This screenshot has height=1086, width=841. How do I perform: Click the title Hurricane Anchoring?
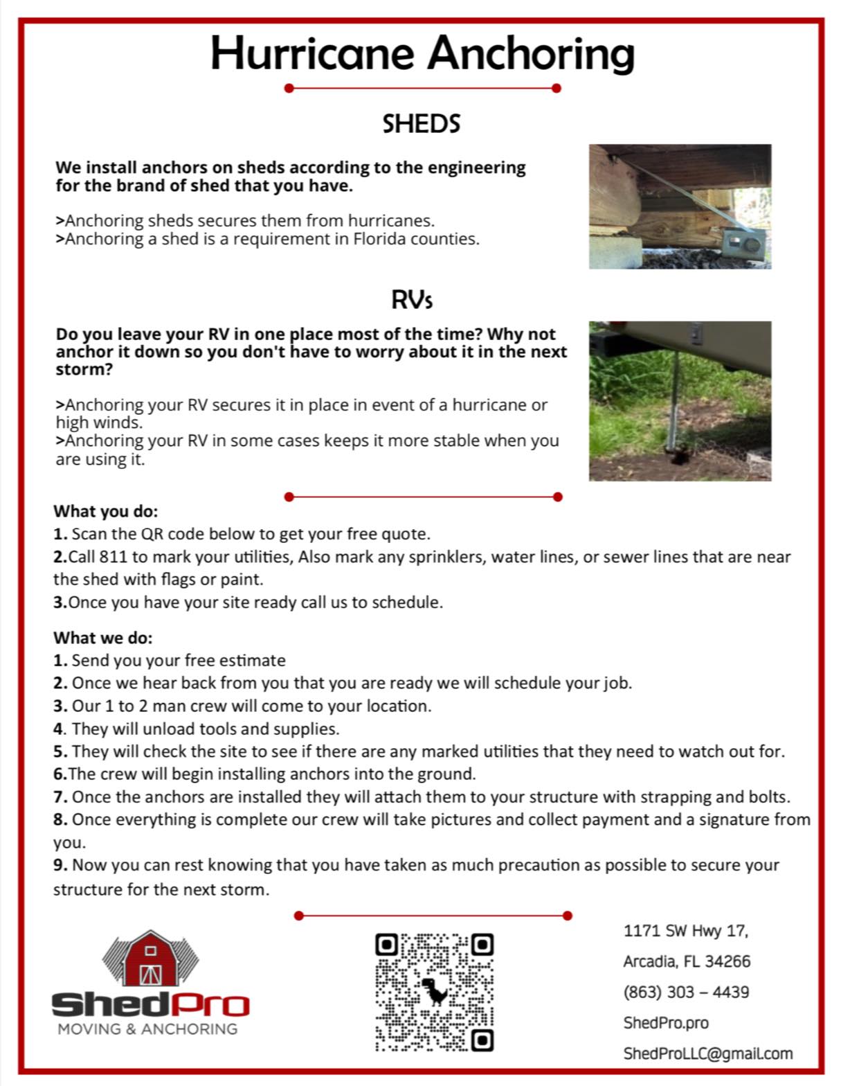coord(422,53)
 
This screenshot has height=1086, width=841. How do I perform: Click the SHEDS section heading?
coord(421,124)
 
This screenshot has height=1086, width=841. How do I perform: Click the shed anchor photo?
coord(680,206)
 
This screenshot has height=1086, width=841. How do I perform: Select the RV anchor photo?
coord(680,400)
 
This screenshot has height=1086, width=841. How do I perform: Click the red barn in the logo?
coord(150,959)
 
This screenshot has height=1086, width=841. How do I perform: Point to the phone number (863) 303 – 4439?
coord(686,992)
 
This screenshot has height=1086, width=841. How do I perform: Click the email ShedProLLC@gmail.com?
coord(707,1053)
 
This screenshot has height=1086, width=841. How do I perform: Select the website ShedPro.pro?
coord(666,1022)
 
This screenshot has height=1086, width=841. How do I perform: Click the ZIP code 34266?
coord(727,961)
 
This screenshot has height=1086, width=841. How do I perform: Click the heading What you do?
coord(106,511)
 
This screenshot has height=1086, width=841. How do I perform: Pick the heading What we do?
coord(103,637)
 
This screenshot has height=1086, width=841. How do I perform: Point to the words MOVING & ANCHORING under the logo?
coord(147,1029)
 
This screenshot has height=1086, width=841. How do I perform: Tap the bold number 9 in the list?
coord(60,865)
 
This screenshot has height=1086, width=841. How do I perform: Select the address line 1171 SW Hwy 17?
coord(685,930)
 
